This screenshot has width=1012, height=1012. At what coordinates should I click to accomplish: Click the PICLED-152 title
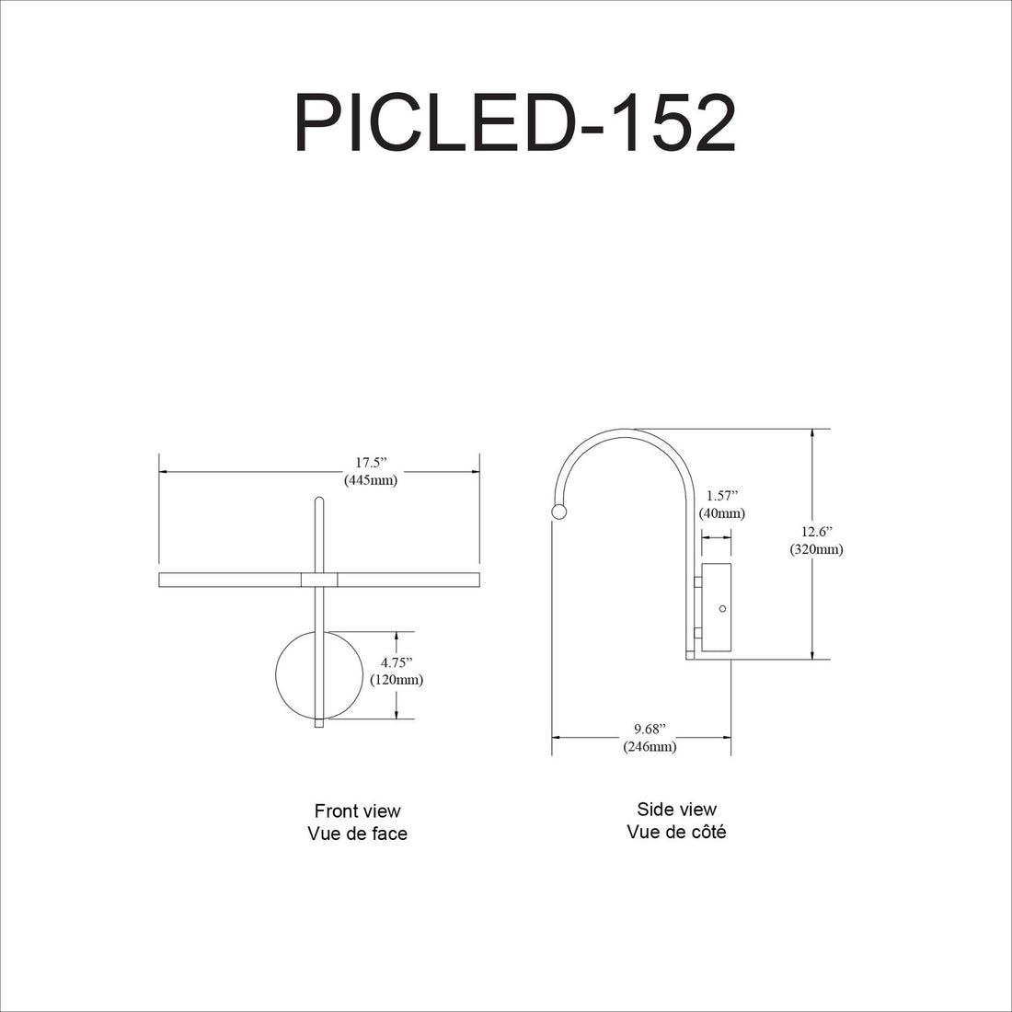pyautogui.click(x=514, y=123)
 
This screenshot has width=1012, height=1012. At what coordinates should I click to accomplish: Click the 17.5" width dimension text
pyautogui.click(x=371, y=463)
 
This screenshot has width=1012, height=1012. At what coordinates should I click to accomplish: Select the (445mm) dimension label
pyautogui.click(x=371, y=480)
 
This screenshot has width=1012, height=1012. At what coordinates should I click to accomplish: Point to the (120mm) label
pyautogui.click(x=397, y=680)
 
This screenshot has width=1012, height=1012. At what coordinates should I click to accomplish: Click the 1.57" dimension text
pyautogui.click(x=722, y=496)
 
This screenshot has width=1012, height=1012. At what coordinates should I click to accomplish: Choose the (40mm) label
pyautogui.click(x=722, y=513)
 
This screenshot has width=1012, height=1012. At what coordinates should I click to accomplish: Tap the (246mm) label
pyautogui.click(x=650, y=747)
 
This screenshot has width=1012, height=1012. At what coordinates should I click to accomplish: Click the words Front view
pyautogui.click(x=357, y=811)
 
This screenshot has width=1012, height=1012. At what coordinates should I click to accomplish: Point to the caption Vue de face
pyautogui.click(x=357, y=834)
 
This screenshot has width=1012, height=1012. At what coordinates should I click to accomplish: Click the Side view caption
pyautogui.click(x=676, y=810)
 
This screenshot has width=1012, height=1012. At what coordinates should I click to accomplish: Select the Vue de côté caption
pyautogui.click(x=676, y=832)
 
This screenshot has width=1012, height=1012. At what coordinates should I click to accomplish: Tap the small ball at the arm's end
pyautogui.click(x=558, y=512)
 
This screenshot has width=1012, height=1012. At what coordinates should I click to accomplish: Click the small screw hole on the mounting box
pyautogui.click(x=722, y=609)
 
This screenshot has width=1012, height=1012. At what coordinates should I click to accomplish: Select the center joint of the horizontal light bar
pyautogui.click(x=319, y=580)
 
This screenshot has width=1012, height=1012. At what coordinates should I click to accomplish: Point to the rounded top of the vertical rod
pyautogui.click(x=319, y=501)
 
